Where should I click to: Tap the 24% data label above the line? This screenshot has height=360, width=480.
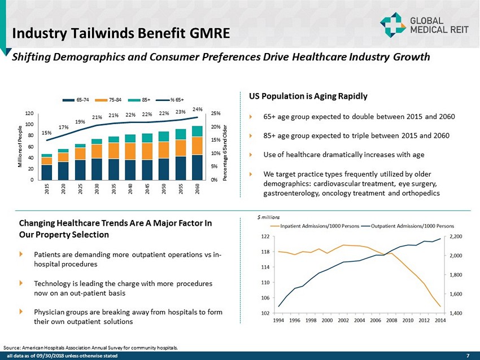[197, 109]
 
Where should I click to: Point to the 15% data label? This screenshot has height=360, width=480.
[46, 133]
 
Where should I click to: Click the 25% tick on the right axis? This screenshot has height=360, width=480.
[215, 113]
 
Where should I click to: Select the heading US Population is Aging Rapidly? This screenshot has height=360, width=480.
[304, 96]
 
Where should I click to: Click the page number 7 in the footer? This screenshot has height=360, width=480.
[468, 355]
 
